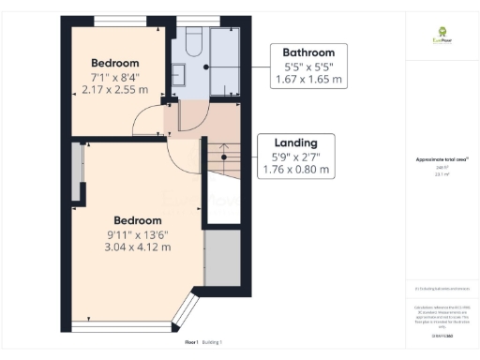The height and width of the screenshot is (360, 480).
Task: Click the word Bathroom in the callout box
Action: click(x=308, y=52)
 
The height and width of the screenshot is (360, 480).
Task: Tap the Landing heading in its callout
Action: click(x=294, y=142)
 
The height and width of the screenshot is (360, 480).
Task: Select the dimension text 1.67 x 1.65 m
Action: click(x=308, y=81)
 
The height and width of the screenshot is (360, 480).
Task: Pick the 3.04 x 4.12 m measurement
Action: click(x=138, y=247)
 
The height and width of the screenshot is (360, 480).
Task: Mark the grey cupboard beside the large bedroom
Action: click(x=221, y=256)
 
